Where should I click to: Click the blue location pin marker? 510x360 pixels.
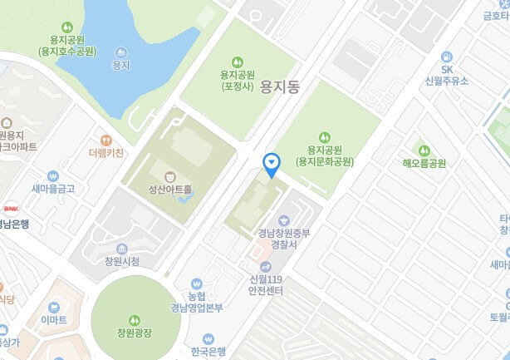[x=271, y=163]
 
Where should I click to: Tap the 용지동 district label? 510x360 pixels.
[x=279, y=85]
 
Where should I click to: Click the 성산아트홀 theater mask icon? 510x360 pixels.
[x=170, y=176]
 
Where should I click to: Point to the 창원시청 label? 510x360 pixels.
[x=122, y=261]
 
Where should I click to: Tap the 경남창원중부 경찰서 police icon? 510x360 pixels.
[x=285, y=219]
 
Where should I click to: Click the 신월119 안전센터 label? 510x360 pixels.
[x=266, y=285]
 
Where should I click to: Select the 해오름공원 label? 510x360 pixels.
[x=424, y=163]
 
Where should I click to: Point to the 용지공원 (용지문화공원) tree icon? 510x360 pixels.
[x=325, y=136]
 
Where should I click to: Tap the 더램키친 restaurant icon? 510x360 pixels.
[x=105, y=141]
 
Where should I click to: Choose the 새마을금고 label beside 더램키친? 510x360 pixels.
[x=53, y=189]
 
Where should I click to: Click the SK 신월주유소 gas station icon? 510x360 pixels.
[x=446, y=57]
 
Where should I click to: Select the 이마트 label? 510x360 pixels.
[x=54, y=319]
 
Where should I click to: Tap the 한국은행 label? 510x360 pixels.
[x=208, y=351]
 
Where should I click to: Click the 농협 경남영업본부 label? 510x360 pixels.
[x=196, y=302]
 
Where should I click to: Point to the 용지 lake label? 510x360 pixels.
[x=120, y=64]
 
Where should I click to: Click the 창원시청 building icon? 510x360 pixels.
[x=122, y=249]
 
